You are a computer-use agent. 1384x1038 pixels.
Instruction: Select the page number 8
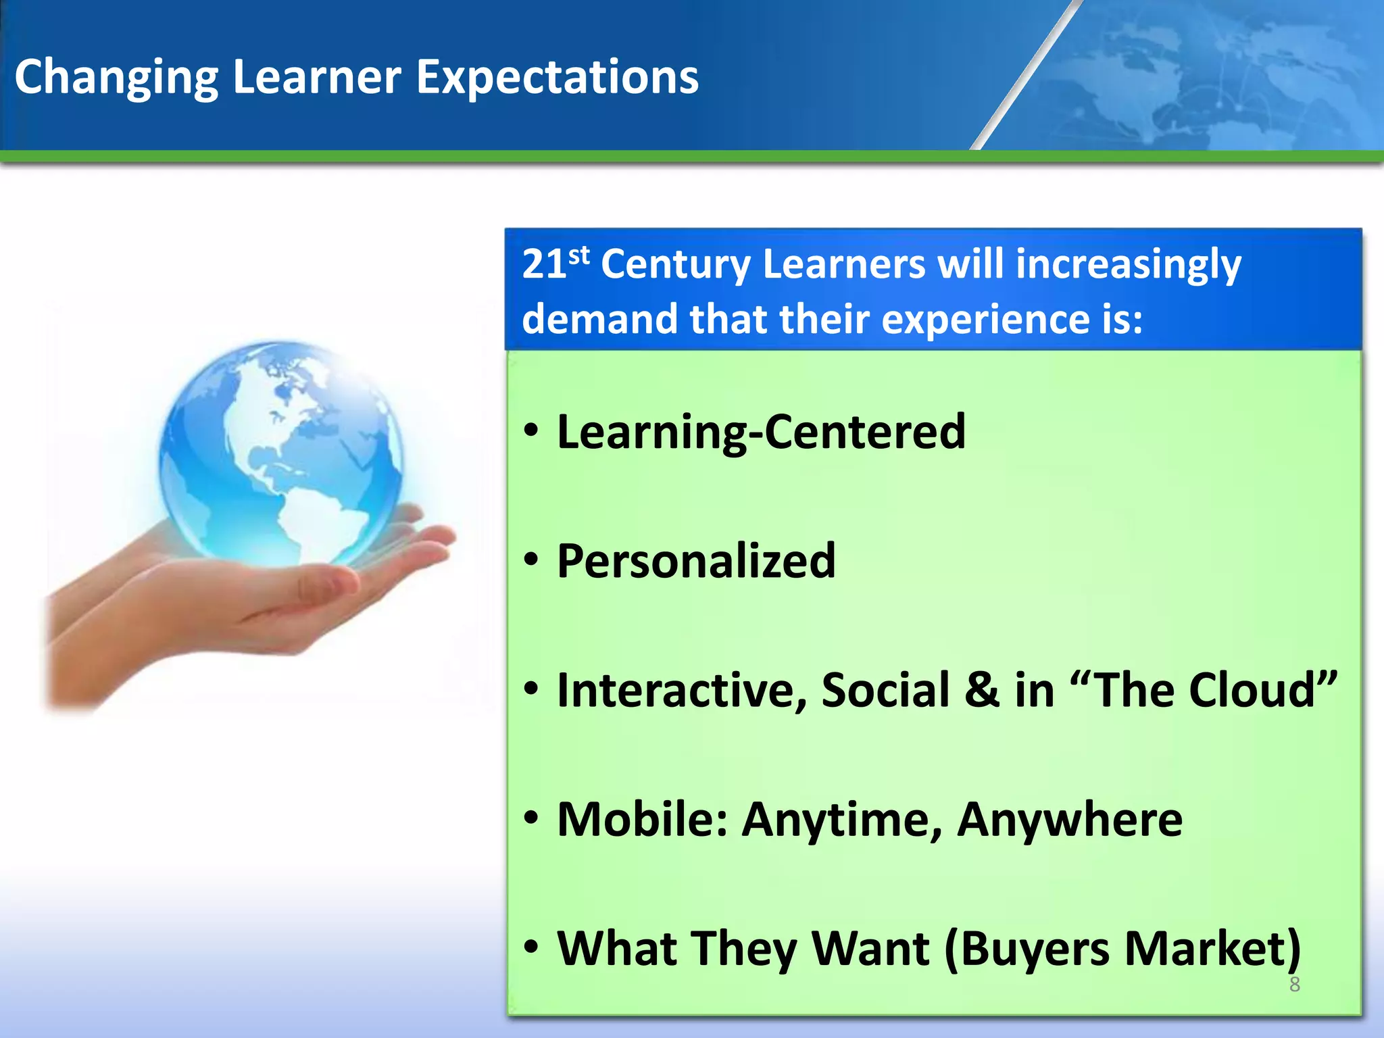(1294, 985)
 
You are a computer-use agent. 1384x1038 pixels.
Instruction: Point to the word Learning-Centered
(761, 432)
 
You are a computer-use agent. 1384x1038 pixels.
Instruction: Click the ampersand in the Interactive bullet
(981, 691)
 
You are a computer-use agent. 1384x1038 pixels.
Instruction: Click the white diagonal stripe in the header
(1027, 74)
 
